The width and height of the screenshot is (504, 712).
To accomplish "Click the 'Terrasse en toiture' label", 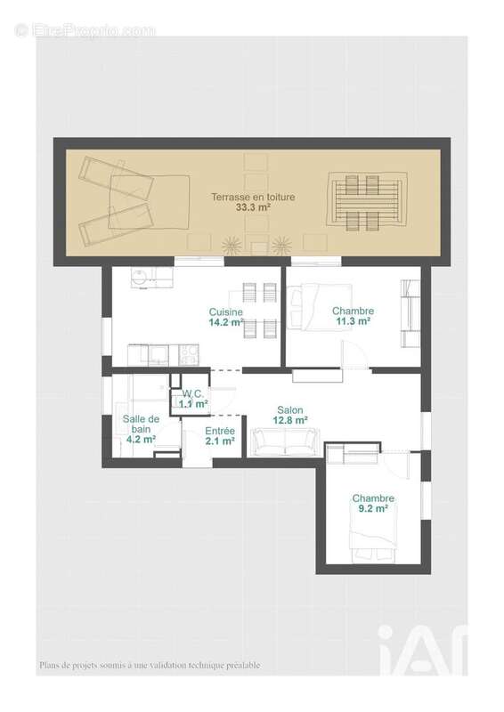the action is [x=253, y=197].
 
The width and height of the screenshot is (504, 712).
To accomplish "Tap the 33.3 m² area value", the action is [x=253, y=207].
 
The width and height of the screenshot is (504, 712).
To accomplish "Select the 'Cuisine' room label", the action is [x=226, y=312].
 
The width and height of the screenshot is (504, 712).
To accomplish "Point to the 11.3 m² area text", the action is [x=353, y=321].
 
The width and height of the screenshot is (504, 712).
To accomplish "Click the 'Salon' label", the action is [x=290, y=410].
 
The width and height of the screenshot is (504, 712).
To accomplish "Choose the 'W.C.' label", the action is [x=193, y=393].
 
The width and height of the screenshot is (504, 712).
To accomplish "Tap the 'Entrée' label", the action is [x=220, y=431].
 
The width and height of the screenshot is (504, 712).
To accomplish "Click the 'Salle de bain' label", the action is [x=141, y=425].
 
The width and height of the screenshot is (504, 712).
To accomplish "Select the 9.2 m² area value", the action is [x=373, y=508].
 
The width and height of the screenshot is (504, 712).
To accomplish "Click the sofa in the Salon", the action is [x=285, y=441].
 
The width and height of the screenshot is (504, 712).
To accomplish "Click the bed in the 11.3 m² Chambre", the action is [x=320, y=307].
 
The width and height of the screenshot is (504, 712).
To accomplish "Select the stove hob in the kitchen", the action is [x=189, y=355].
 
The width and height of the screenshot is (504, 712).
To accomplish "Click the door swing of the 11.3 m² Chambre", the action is [x=354, y=354].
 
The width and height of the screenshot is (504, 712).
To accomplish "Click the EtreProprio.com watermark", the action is [x=85, y=30].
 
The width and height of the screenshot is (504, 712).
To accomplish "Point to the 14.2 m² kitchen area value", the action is [x=226, y=322].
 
